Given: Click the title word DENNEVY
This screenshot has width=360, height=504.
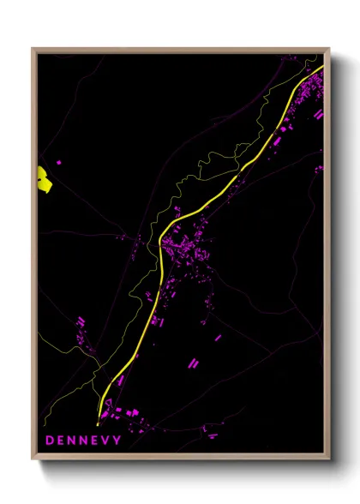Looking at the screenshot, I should coord(83,441).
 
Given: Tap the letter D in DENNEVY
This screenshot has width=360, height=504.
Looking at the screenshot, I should coord(50,441).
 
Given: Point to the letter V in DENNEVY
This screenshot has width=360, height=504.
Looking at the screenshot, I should coord(105,441).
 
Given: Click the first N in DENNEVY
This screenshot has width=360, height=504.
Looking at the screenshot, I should coord(72,441).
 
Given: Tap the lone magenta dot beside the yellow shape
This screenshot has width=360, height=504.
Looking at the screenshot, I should coord(59,161).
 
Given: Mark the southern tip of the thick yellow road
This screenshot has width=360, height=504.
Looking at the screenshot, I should coord(99,422).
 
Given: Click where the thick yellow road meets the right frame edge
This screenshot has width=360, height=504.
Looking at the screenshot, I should coord(322,67).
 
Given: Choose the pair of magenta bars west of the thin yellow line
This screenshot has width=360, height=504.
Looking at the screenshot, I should coord(81,322).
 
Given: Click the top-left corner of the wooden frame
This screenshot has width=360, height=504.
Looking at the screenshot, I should coord(33,49).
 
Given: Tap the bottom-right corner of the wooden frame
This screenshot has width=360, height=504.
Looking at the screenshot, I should coord(328,458).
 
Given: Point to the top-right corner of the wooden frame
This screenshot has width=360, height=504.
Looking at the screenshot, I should coord(328,49).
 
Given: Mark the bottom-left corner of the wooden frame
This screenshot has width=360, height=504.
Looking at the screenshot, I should coord(33,458).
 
